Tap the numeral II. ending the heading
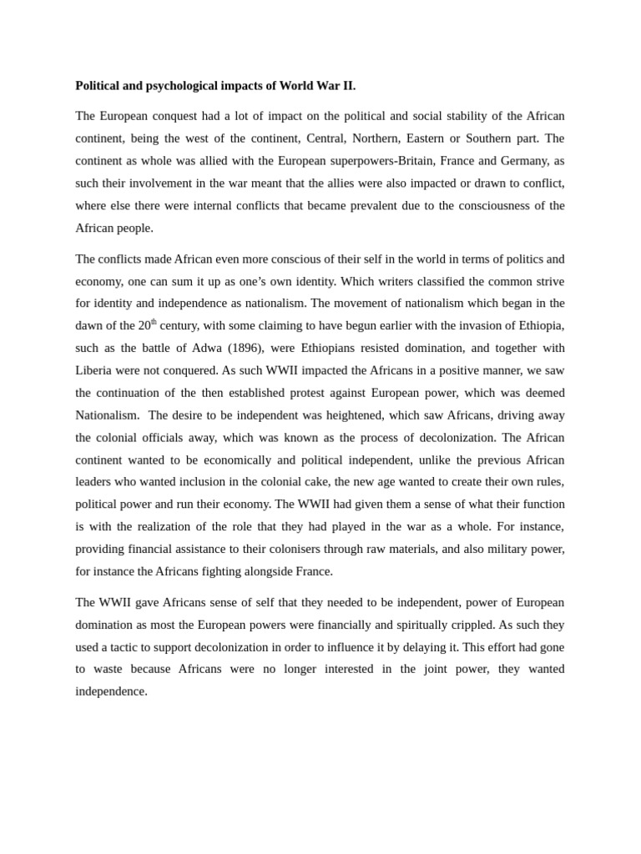(x=347, y=86)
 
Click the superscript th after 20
(x=154, y=322)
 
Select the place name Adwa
(x=206, y=348)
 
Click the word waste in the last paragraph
(x=107, y=669)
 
